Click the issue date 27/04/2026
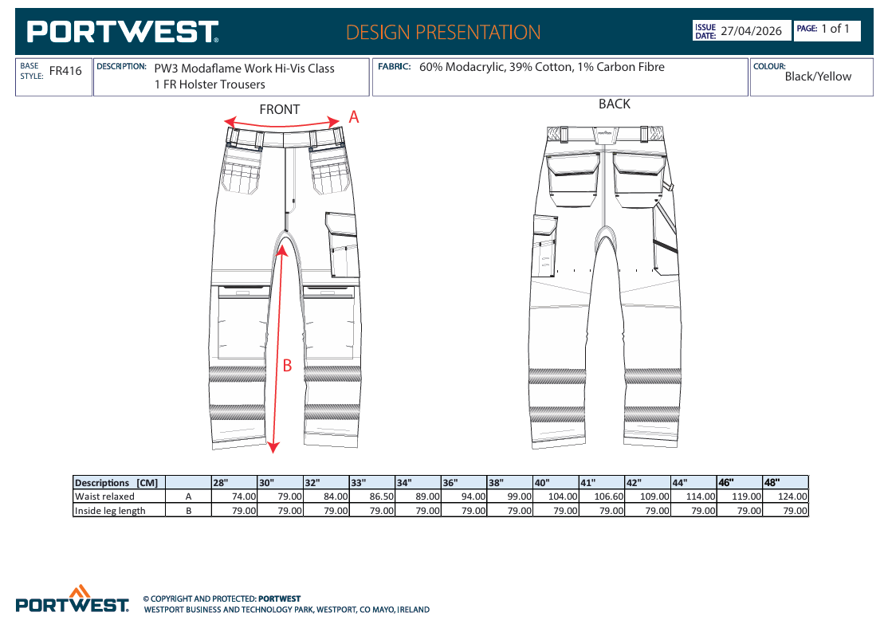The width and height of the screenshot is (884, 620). pos(751,31)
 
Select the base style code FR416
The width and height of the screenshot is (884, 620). pos(65,71)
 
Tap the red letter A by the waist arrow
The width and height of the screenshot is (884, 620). pos(353,116)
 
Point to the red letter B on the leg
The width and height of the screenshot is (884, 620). pos(287,366)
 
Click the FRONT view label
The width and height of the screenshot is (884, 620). pos(280,109)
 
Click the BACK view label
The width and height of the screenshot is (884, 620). pos(615,104)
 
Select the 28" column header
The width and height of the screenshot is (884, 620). pos(221,483)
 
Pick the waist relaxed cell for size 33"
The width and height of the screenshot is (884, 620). pos(372,496)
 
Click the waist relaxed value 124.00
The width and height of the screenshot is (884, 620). pos(792,496)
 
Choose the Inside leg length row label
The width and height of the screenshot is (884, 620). pos(110,511)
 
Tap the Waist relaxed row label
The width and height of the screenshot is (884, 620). pos(105,496)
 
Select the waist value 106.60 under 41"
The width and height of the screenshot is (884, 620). pos(609,496)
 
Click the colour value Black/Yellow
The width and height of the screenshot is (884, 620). pos(818,77)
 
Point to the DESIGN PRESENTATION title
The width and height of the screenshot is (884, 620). pos(443,32)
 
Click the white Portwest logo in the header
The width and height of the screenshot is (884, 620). pos(123,32)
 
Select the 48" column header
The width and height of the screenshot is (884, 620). pos(772,482)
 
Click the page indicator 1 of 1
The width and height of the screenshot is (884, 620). pos(835,29)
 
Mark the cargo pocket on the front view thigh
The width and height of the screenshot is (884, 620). pos(342,245)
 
